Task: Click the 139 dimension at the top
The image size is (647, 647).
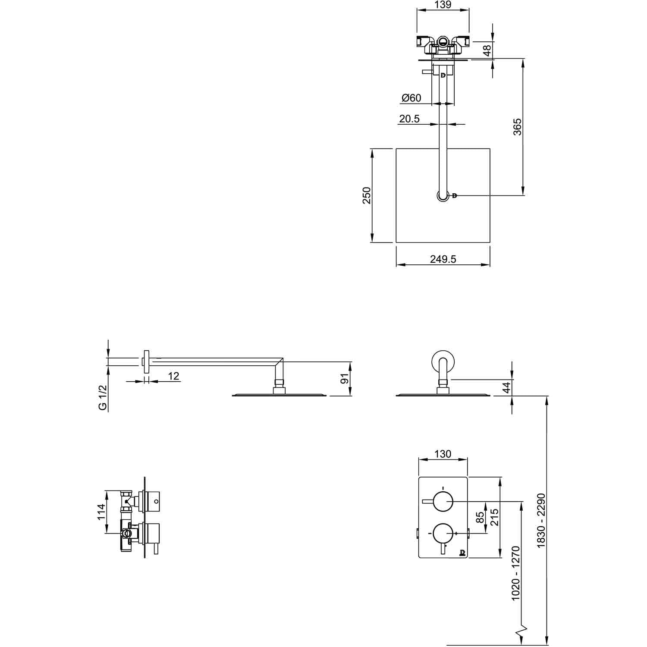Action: click(x=443, y=5)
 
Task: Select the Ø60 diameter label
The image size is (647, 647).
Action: click(x=411, y=98)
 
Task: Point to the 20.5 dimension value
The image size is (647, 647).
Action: click(x=409, y=119)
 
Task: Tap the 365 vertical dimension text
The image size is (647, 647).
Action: click(x=517, y=127)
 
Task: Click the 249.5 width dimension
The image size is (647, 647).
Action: click(x=443, y=259)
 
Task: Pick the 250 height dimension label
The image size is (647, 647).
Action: click(x=367, y=195)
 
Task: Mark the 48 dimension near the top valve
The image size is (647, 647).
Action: click(x=487, y=50)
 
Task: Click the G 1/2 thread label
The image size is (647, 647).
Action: click(x=103, y=399)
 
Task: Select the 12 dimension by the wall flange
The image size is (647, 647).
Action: click(x=173, y=376)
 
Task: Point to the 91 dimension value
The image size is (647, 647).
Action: click(x=344, y=379)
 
